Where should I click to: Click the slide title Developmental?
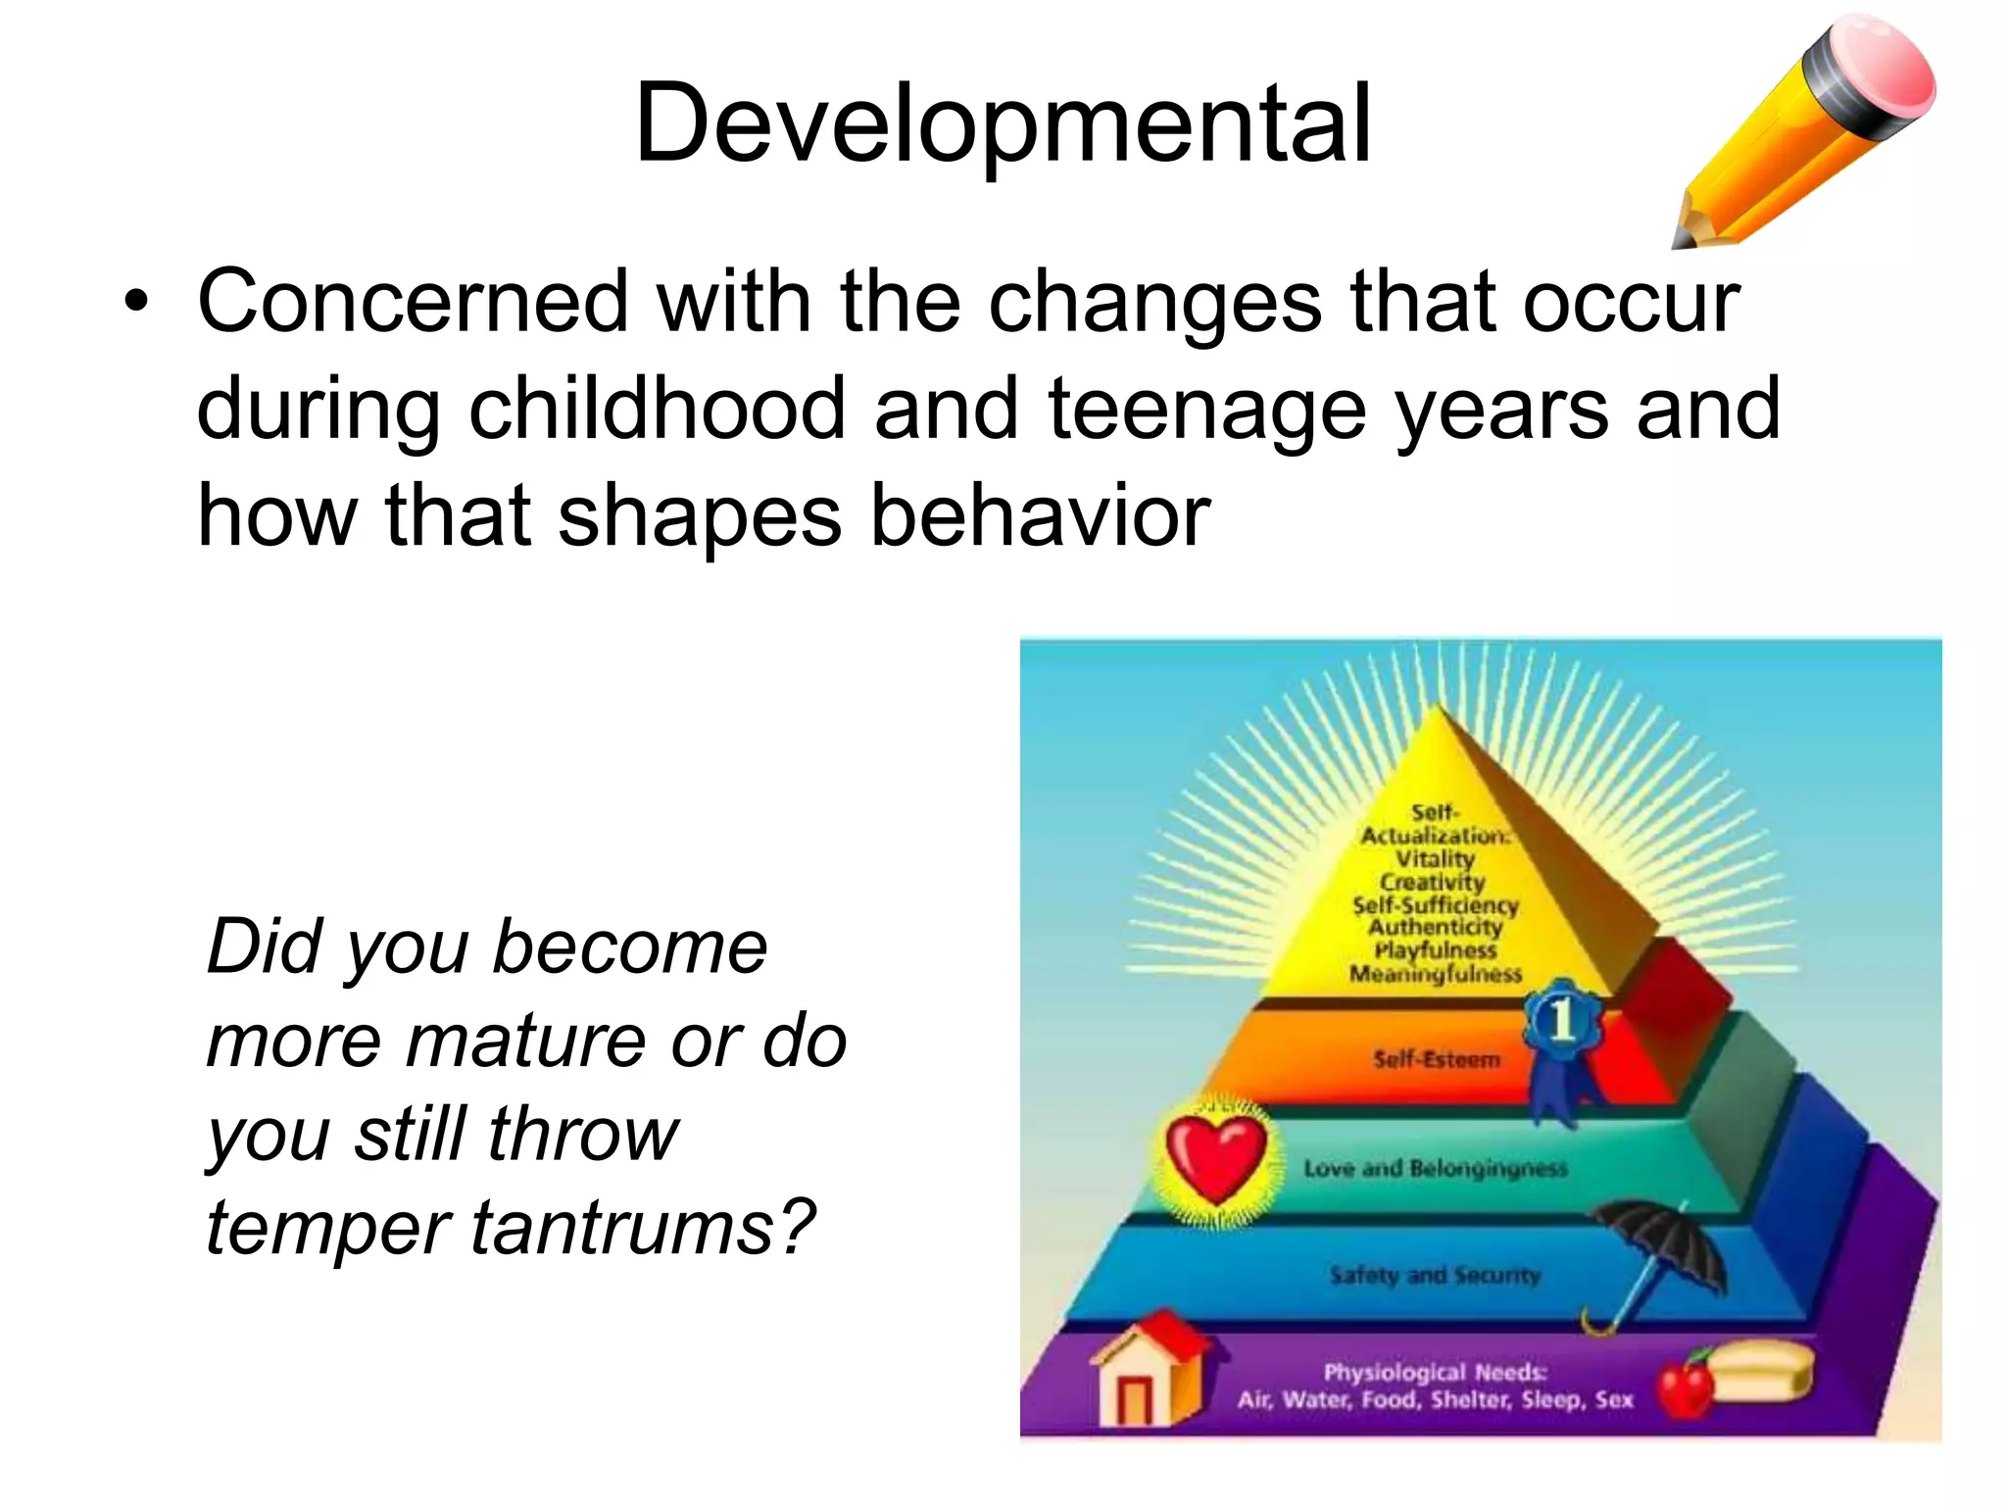coord(1002,125)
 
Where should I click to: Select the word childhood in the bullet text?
coord(656,410)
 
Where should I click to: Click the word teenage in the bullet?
coord(1206,410)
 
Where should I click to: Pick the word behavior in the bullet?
coord(1040,517)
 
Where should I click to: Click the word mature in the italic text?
coord(523,1041)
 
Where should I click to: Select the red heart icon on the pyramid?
coord(1214,1159)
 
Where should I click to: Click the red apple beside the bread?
coord(1686,1385)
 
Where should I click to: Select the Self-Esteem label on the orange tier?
coord(1436,1059)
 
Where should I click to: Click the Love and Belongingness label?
coord(1435,1168)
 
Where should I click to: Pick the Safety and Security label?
coord(1435,1275)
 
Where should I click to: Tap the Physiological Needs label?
coord(1435,1372)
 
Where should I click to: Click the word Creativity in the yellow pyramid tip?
coord(1433,882)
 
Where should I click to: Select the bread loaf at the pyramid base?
coord(1760,1372)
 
